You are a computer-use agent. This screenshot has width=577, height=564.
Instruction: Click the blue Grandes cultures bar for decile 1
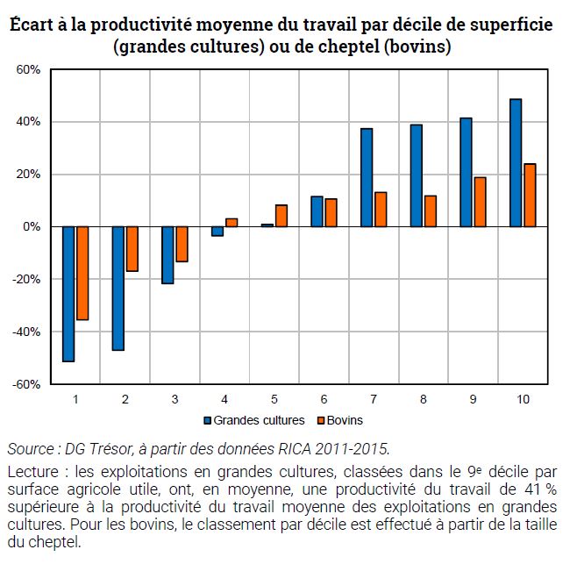[68, 294]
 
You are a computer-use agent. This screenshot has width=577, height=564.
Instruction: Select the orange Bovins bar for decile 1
[82, 273]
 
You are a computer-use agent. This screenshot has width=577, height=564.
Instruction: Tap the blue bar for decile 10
[516, 163]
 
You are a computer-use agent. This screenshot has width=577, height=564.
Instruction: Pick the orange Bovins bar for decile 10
[530, 195]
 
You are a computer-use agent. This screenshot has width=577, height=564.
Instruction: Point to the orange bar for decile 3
[182, 244]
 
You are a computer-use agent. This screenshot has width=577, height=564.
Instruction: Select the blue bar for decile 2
[118, 288]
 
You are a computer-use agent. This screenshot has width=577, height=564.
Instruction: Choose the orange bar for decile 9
[480, 202]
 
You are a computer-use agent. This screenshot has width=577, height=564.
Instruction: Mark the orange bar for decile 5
[281, 216]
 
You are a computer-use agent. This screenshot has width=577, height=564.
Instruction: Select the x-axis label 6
[324, 399]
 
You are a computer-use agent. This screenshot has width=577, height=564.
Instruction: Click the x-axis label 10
[523, 399]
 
